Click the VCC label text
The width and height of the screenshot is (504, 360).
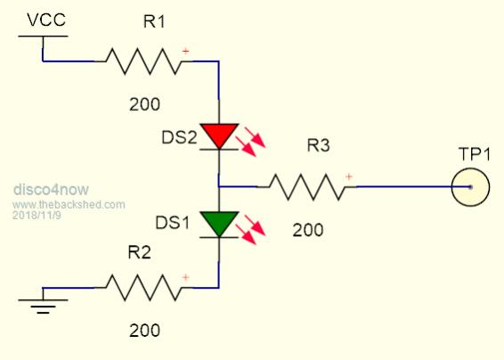tap(46, 20)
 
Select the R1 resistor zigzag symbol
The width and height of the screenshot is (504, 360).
tap(143, 61)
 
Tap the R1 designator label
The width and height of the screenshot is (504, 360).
tap(154, 22)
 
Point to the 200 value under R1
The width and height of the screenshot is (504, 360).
tap(144, 104)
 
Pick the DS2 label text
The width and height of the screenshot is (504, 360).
tap(179, 138)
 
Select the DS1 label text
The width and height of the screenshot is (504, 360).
tap(172, 223)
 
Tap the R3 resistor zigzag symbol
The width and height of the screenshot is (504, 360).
tap(306, 187)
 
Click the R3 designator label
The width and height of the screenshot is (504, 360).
tap(318, 145)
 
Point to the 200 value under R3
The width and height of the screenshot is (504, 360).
tap(308, 231)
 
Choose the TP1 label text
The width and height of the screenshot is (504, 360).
tap(475, 154)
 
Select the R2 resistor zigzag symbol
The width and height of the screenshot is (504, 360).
tap(143, 288)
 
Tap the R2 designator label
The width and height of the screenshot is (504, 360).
tap(139, 252)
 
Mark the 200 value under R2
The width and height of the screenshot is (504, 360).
tap(144, 331)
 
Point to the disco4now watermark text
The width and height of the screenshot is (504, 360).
tap(51, 189)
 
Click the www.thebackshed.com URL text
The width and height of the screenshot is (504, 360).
tap(69, 205)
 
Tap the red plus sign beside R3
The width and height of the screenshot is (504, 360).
tap(349, 176)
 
